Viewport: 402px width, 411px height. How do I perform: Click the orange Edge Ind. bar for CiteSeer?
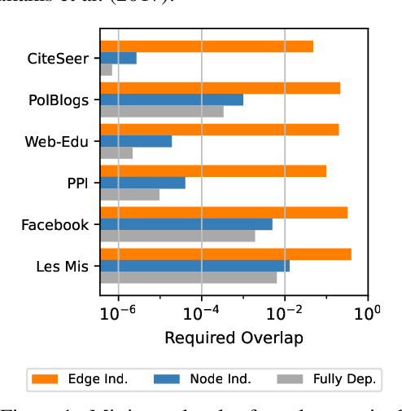point(206,46)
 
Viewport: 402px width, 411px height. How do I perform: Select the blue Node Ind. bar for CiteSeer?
point(118,58)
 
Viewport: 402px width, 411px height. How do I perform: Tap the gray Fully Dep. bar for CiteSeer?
point(106,70)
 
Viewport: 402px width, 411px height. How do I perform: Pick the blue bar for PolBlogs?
point(171,99)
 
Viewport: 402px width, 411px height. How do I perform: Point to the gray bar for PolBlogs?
point(161,112)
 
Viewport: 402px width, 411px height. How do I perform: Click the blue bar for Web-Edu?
point(135,141)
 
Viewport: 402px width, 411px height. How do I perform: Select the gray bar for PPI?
point(129,194)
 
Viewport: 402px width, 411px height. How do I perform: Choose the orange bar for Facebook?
point(223,212)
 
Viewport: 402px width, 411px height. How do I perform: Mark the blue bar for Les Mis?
point(194,266)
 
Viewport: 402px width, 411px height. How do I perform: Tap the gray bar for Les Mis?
point(188,277)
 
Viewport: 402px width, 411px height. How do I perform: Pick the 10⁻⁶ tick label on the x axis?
point(119,312)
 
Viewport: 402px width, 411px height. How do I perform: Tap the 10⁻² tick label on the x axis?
point(285,312)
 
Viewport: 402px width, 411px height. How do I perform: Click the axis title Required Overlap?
point(234,338)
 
